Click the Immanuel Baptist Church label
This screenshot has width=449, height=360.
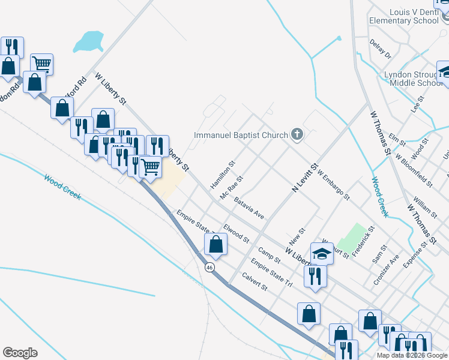click(241, 135)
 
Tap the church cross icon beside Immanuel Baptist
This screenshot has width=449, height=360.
click(297, 134)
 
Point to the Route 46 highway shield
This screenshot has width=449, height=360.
click(209, 266)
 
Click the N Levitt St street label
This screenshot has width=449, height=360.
click(304, 178)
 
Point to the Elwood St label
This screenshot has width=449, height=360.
click(236, 233)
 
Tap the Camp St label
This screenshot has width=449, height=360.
click(269, 255)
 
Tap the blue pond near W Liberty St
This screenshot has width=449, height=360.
click(88, 41)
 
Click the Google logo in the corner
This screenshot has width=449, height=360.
click(20, 353)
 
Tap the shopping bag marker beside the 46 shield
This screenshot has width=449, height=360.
click(216, 245)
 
